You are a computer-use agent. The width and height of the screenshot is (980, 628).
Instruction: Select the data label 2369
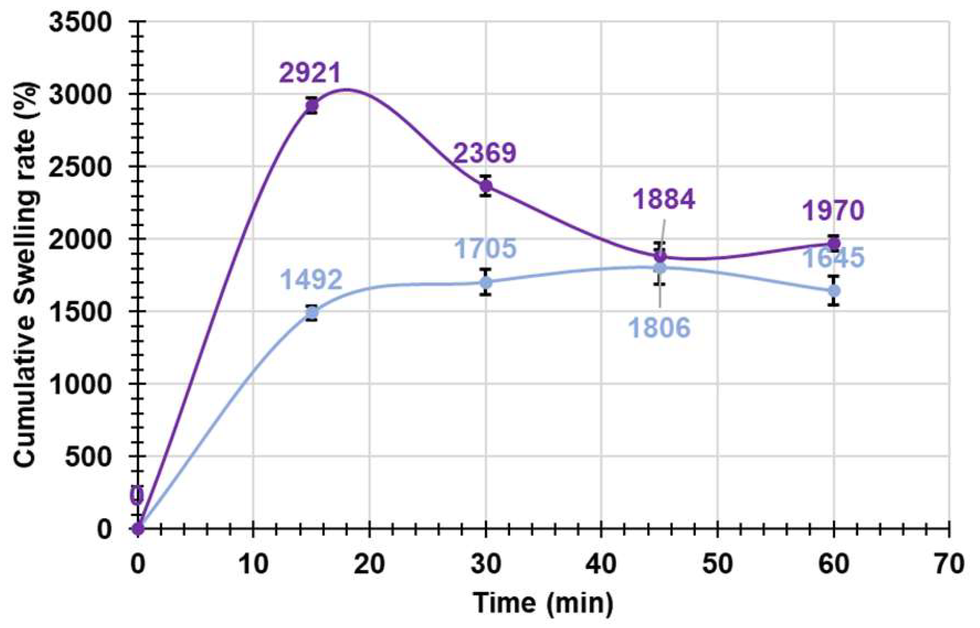click(485, 153)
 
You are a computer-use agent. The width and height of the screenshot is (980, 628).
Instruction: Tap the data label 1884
click(664, 200)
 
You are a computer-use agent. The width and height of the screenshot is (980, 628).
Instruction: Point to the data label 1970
click(833, 211)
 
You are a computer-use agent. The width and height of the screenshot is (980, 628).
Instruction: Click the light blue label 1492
click(311, 280)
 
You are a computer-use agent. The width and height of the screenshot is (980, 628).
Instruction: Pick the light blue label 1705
click(485, 248)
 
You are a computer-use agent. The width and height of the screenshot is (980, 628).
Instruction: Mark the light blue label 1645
click(833, 258)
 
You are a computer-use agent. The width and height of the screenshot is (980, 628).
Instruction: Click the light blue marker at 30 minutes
click(486, 282)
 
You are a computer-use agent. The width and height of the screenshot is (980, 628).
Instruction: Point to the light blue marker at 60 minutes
click(833, 291)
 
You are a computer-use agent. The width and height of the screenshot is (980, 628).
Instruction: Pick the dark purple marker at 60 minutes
click(833, 244)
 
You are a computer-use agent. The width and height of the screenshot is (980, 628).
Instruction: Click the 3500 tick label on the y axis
click(80, 22)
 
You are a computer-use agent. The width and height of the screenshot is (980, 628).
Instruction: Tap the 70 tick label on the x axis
click(949, 565)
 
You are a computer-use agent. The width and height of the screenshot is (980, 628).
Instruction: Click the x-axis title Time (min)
click(543, 603)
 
